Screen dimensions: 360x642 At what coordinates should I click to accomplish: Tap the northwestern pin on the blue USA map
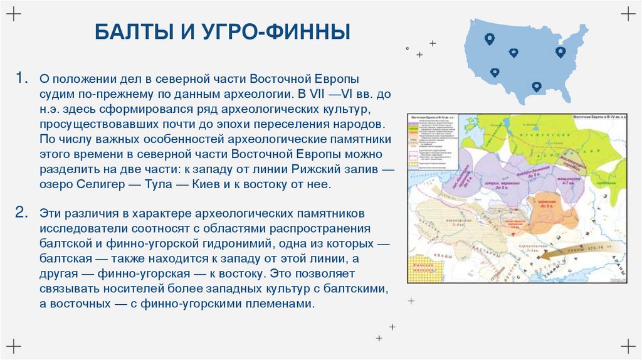coord(490,39)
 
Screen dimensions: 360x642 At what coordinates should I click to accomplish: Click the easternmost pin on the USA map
coord(560,52)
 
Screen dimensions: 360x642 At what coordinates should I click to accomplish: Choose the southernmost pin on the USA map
coord(536,87)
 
